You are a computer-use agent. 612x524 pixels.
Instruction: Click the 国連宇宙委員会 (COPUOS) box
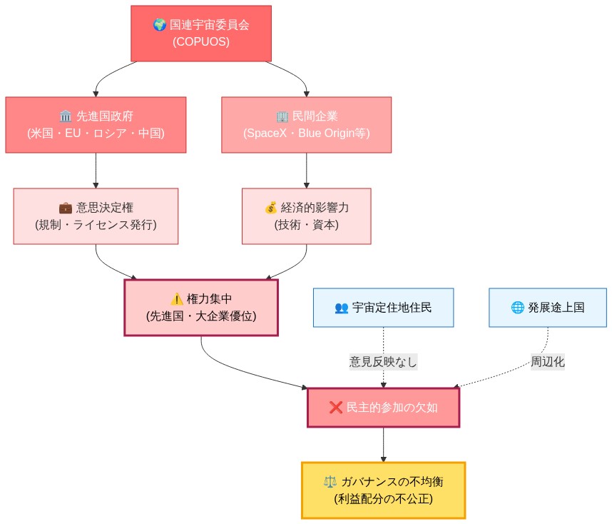tap(201, 34)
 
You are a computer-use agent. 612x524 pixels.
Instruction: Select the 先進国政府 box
tap(96, 125)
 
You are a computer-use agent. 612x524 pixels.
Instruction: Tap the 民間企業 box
tap(306, 125)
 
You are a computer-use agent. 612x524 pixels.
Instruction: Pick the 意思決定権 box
tap(96, 216)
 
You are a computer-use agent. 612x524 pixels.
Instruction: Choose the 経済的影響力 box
tap(306, 216)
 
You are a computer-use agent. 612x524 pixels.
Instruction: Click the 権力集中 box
tap(200, 308)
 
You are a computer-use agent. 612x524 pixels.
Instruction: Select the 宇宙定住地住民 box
tap(383, 308)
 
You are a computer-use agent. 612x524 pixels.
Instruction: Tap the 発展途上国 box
tap(547, 308)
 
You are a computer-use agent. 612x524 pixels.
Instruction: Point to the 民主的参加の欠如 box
tap(383, 408)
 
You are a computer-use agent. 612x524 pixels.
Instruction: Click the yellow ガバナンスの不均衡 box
tap(383, 490)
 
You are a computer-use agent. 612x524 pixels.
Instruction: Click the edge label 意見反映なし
tap(383, 361)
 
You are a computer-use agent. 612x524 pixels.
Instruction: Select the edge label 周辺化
tap(547, 361)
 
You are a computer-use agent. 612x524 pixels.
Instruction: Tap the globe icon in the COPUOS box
tap(160, 25)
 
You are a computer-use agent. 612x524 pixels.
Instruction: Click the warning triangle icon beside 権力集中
tap(177, 299)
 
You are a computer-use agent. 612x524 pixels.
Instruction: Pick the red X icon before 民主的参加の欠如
tap(336, 408)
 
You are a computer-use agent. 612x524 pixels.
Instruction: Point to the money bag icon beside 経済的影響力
tap(270, 208)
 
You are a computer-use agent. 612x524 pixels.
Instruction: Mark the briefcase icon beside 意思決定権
tap(65, 208)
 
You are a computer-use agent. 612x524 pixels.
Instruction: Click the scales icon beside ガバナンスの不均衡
tap(330, 481)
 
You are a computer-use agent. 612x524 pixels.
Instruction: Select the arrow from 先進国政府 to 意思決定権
tap(96, 171)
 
